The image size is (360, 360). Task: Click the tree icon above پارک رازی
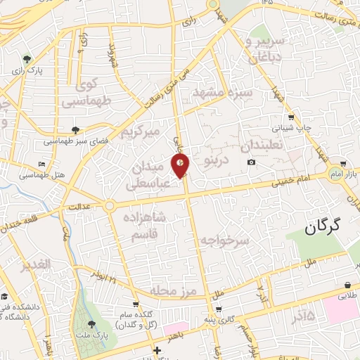pyautogui.click(x=27, y=59)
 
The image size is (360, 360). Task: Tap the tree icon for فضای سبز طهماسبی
pyautogui.click(x=75, y=129)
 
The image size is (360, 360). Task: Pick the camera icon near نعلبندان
pyautogui.click(x=252, y=163)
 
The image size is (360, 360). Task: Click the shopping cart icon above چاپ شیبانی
pyautogui.click(x=291, y=117)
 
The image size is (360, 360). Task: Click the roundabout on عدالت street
pyautogui.click(x=110, y=205)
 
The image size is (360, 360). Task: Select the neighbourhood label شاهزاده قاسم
pyautogui.click(x=143, y=228)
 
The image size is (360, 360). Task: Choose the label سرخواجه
pyautogui.click(x=225, y=241)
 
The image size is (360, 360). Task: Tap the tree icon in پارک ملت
pyautogui.click(x=92, y=324)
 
